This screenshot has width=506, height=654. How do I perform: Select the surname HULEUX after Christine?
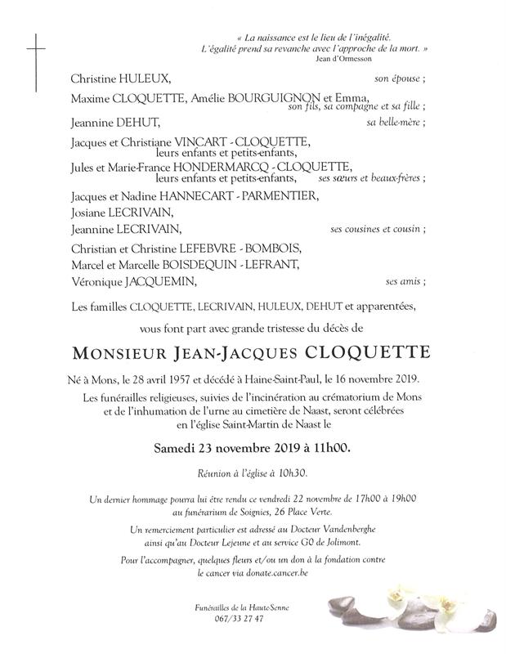tap(146, 79)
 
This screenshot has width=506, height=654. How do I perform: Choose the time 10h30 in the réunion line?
tap(301, 473)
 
